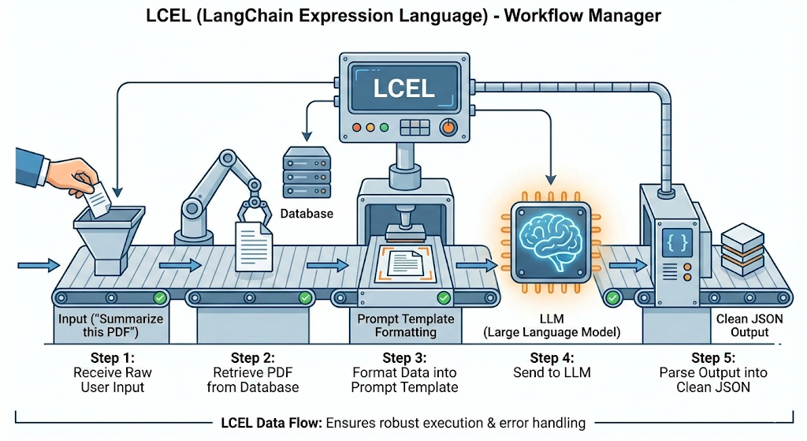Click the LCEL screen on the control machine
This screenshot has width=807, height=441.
(x=404, y=87)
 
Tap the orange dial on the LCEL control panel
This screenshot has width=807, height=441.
(x=448, y=126)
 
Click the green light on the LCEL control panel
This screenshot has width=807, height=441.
(x=384, y=126)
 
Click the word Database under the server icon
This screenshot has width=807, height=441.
(x=307, y=214)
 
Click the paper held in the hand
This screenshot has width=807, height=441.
(x=97, y=197)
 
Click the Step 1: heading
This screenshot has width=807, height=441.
(x=112, y=357)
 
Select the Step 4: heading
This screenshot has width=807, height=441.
(x=551, y=357)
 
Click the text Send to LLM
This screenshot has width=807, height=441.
(x=551, y=372)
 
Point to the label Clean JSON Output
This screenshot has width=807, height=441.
(x=742, y=326)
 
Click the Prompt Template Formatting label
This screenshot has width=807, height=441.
(x=406, y=326)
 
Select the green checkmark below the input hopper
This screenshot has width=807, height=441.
(x=160, y=297)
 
